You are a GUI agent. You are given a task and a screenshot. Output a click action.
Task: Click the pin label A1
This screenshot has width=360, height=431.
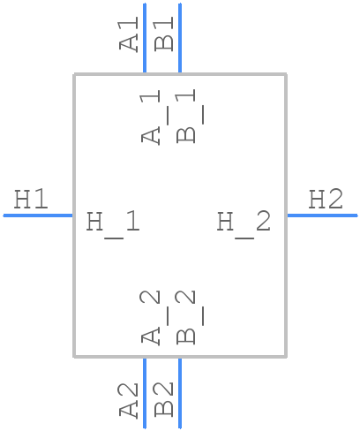(x=129, y=34)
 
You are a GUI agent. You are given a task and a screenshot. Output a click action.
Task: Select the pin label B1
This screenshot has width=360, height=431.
(x=164, y=34)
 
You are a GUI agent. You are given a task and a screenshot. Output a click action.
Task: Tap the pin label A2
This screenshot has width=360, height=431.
(x=129, y=400)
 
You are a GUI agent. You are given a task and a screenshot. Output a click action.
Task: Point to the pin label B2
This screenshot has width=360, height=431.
(x=164, y=399)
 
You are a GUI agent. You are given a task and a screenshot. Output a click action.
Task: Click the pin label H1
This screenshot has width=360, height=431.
(x=31, y=200)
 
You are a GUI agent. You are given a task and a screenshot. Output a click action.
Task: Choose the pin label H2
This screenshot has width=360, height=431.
(x=326, y=200)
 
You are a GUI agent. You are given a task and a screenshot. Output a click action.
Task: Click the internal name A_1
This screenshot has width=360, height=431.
(x=151, y=117)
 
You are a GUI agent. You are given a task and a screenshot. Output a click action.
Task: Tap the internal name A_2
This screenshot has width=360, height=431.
(x=151, y=318)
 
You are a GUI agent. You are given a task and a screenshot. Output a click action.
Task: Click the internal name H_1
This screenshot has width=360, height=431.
(x=113, y=224)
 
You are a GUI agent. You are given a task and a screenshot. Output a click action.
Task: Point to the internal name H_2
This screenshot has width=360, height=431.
(x=244, y=224)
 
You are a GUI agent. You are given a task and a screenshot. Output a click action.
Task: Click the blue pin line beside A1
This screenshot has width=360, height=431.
(x=145, y=38)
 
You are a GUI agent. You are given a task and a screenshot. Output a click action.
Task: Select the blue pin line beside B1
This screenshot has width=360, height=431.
(x=180, y=38)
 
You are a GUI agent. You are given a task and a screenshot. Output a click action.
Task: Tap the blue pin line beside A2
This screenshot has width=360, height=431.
(x=145, y=393)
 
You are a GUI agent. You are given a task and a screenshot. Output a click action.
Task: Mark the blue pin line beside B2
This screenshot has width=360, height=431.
(x=180, y=393)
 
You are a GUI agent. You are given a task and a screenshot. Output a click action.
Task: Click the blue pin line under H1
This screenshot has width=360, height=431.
(x=38, y=215)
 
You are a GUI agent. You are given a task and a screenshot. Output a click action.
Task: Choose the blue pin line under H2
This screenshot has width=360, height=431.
(x=323, y=215)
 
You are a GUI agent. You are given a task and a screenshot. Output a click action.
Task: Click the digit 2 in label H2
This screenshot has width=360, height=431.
(x=335, y=200)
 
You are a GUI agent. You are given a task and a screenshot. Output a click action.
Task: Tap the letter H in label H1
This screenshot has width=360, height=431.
(x=22, y=200)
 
